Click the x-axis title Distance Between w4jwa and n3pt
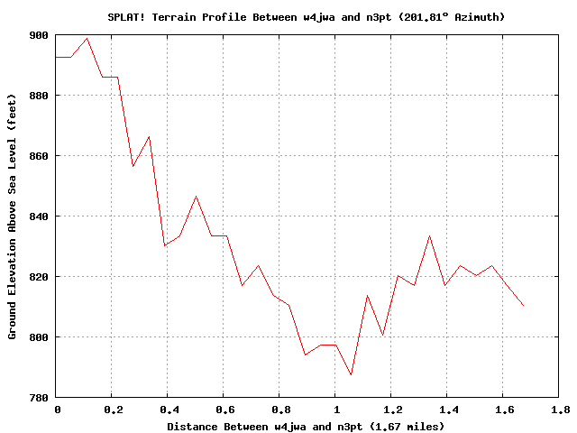(x=306, y=426)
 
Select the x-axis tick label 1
(x=334, y=410)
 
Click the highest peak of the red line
(x=87, y=38)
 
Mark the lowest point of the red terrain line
(x=351, y=375)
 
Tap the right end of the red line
(x=523, y=306)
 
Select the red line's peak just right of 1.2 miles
(x=429, y=235)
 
